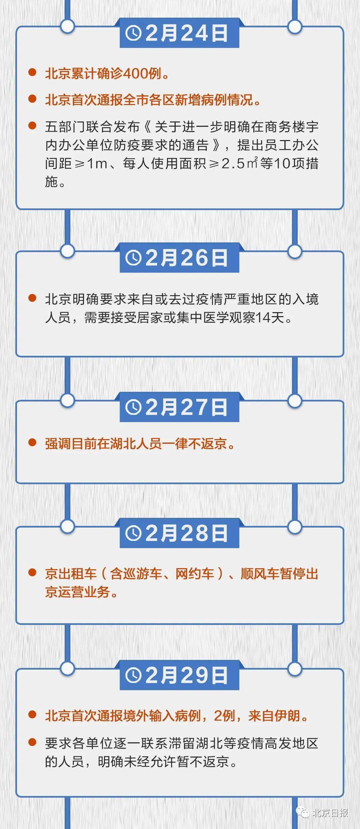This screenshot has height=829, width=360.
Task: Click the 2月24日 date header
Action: (x=179, y=33)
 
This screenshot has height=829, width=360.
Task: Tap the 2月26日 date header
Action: (x=179, y=258)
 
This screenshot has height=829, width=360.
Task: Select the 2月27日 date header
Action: (x=179, y=407)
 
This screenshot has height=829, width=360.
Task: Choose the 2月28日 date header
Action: (x=179, y=533)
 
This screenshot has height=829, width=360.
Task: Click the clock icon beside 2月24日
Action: (x=133, y=33)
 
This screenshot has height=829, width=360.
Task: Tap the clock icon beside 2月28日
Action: (x=133, y=534)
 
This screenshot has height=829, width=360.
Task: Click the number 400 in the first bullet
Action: (x=136, y=74)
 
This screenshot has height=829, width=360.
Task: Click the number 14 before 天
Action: (x=263, y=317)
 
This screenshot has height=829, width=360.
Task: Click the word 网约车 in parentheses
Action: (x=195, y=574)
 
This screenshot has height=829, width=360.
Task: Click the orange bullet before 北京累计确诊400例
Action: (x=32, y=72)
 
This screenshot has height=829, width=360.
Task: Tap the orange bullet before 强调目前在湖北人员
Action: (x=32, y=443)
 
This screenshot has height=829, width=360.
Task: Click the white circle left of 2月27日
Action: (x=68, y=400)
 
